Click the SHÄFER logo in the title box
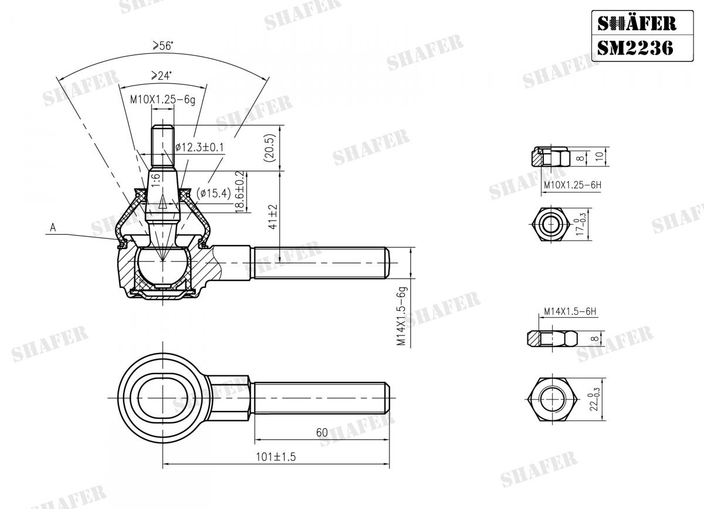(636, 23)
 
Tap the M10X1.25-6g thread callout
(162, 100)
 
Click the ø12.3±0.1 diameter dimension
(201, 146)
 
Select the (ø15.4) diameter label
(214, 193)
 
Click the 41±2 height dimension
(271, 216)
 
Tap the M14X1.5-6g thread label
(401, 316)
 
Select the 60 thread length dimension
(321, 433)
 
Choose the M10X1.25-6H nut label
(573, 185)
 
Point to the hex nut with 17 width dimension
(550, 225)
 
